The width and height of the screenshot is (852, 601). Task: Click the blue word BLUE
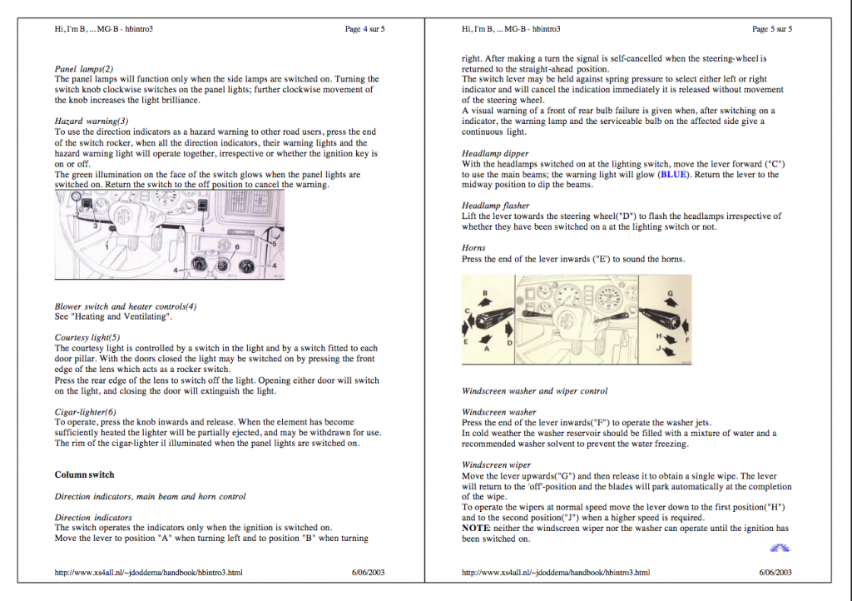point(673,175)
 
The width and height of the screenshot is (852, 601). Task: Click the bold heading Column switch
point(84,474)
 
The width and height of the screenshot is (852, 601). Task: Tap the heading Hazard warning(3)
point(92,122)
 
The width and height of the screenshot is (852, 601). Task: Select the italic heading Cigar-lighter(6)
point(86,412)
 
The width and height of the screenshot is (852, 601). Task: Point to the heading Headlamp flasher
point(496,206)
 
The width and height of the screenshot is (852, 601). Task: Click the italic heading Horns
point(473,248)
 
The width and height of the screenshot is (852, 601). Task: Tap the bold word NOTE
point(475,529)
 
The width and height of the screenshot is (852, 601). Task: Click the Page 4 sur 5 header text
point(364,29)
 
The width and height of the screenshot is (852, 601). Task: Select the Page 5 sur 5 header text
point(772,29)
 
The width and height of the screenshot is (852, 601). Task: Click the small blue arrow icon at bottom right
point(780,549)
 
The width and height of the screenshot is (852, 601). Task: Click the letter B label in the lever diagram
point(485,293)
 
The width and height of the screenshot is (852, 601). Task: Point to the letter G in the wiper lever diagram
point(670,294)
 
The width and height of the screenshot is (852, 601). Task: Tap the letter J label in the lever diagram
point(658,348)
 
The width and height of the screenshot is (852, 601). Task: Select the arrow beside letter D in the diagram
point(508,330)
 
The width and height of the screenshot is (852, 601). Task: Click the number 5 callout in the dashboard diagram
point(275,243)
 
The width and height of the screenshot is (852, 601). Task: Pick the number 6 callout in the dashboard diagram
point(237,246)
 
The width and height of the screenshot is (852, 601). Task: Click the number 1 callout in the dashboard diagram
point(107,247)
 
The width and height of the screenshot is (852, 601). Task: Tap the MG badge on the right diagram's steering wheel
point(567,319)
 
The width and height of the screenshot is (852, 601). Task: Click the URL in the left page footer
point(148,572)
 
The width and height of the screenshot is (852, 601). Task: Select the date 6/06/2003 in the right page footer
point(775,572)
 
